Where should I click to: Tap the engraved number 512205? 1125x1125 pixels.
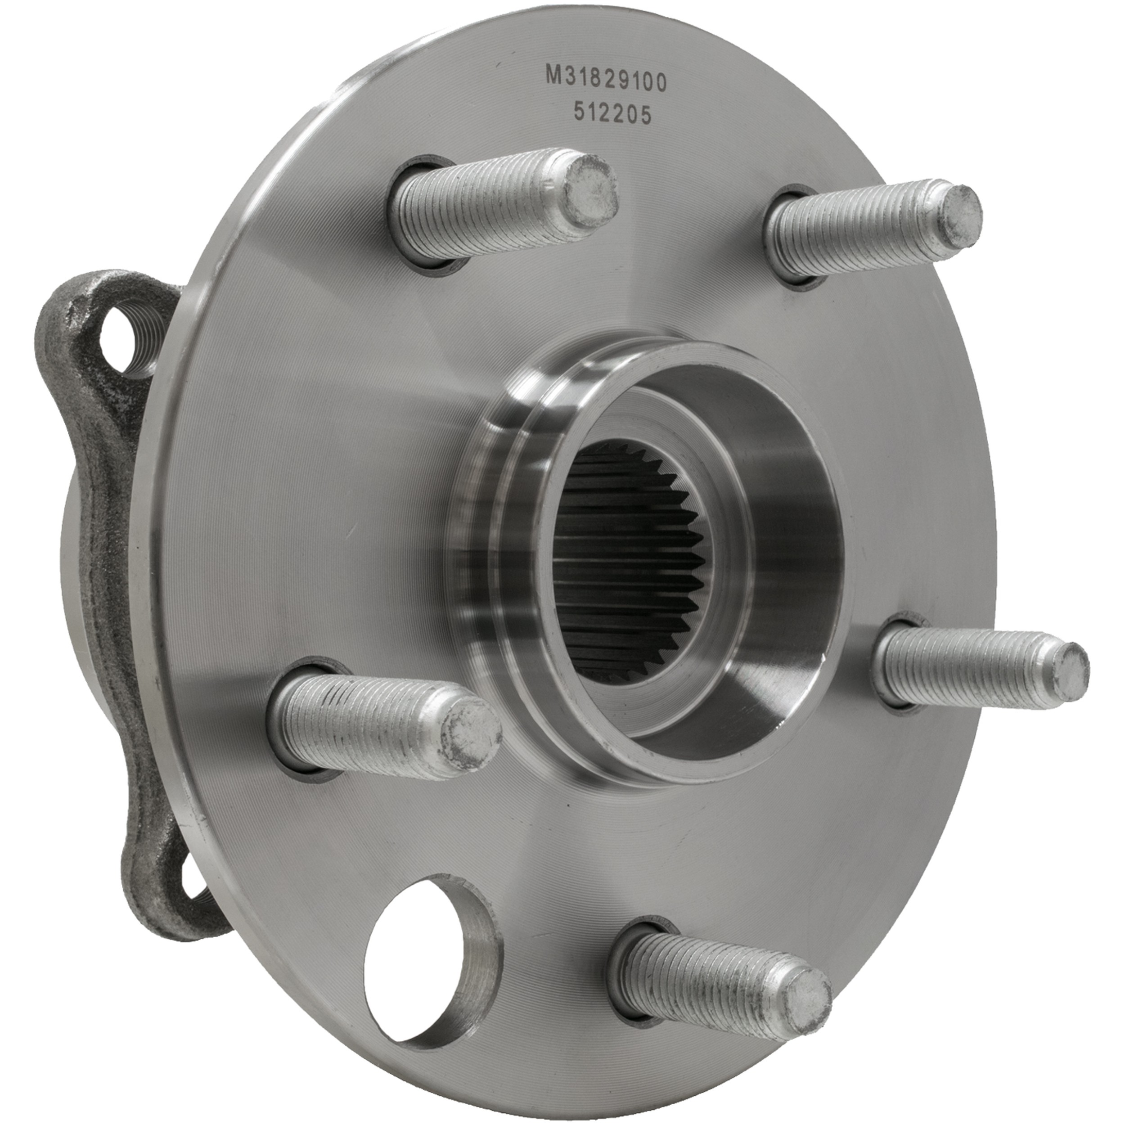(x=612, y=115)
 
